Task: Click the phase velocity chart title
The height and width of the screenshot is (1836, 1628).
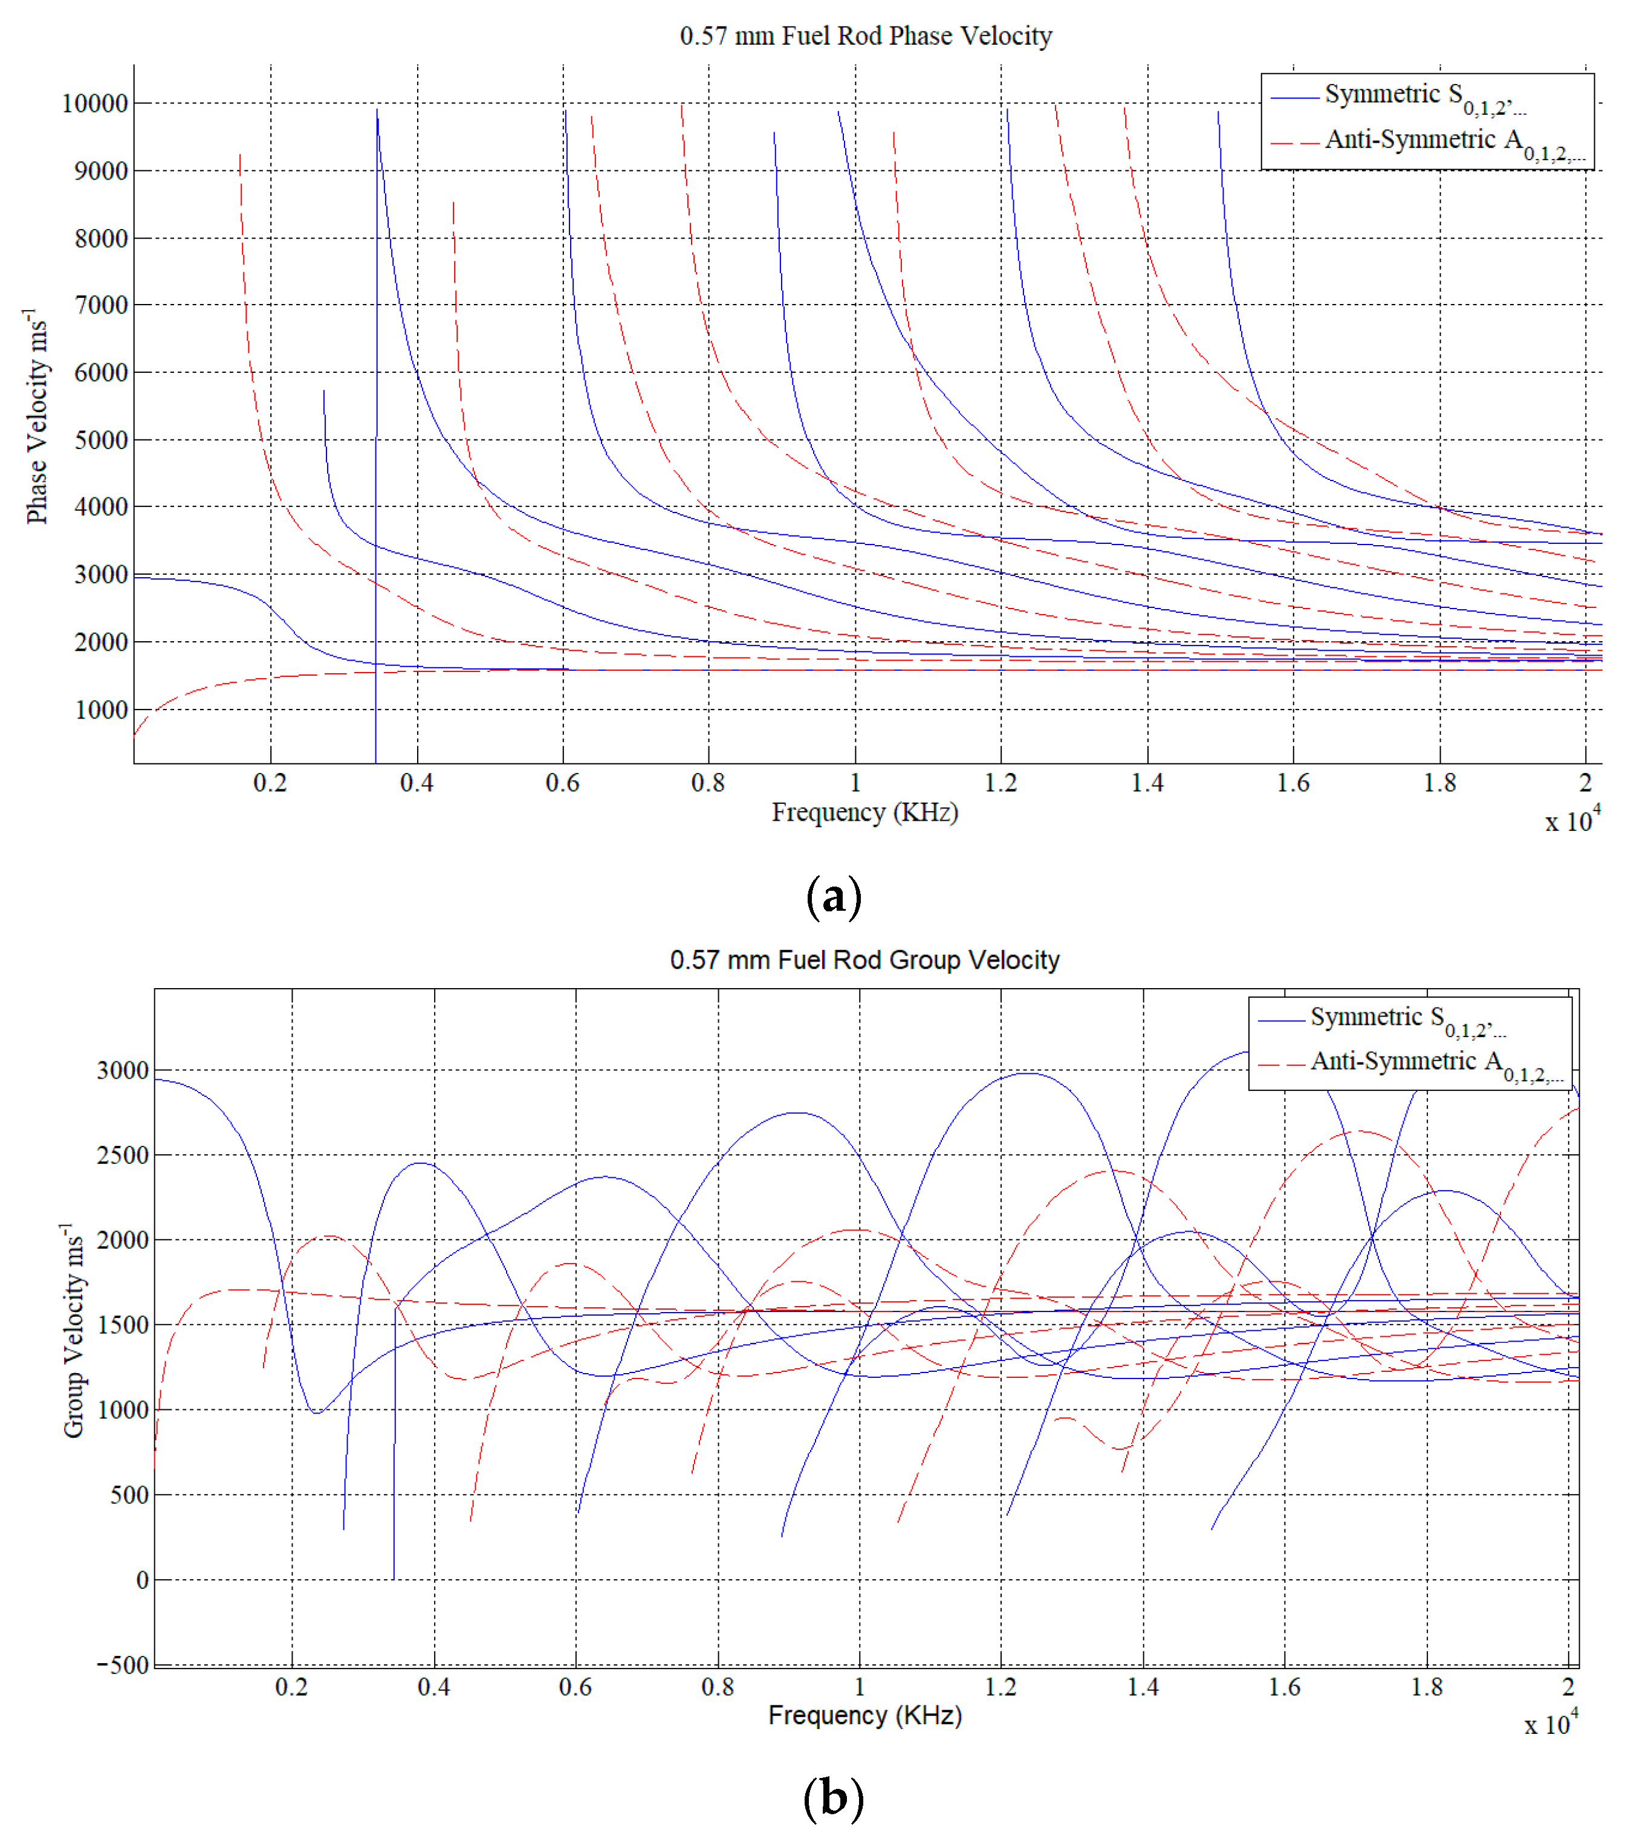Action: [x=865, y=36]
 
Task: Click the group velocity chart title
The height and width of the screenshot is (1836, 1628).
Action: [x=864, y=960]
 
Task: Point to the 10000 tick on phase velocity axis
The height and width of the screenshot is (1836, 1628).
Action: [x=94, y=103]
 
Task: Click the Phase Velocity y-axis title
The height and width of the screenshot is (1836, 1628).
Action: [x=36, y=416]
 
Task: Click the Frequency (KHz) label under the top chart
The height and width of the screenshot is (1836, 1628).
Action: [x=864, y=812]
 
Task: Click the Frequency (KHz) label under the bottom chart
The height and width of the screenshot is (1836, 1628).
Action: [x=864, y=1716]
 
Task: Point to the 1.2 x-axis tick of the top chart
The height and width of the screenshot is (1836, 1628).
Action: [x=1001, y=783]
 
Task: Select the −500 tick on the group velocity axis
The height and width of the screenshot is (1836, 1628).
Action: [x=123, y=1664]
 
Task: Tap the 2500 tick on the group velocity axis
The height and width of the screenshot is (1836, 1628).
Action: [x=123, y=1155]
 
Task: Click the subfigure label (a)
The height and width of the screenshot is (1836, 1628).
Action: [x=834, y=896]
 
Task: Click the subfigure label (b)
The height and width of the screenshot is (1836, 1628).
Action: [x=833, y=1799]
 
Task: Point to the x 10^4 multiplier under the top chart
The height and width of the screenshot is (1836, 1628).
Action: [x=1572, y=820]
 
